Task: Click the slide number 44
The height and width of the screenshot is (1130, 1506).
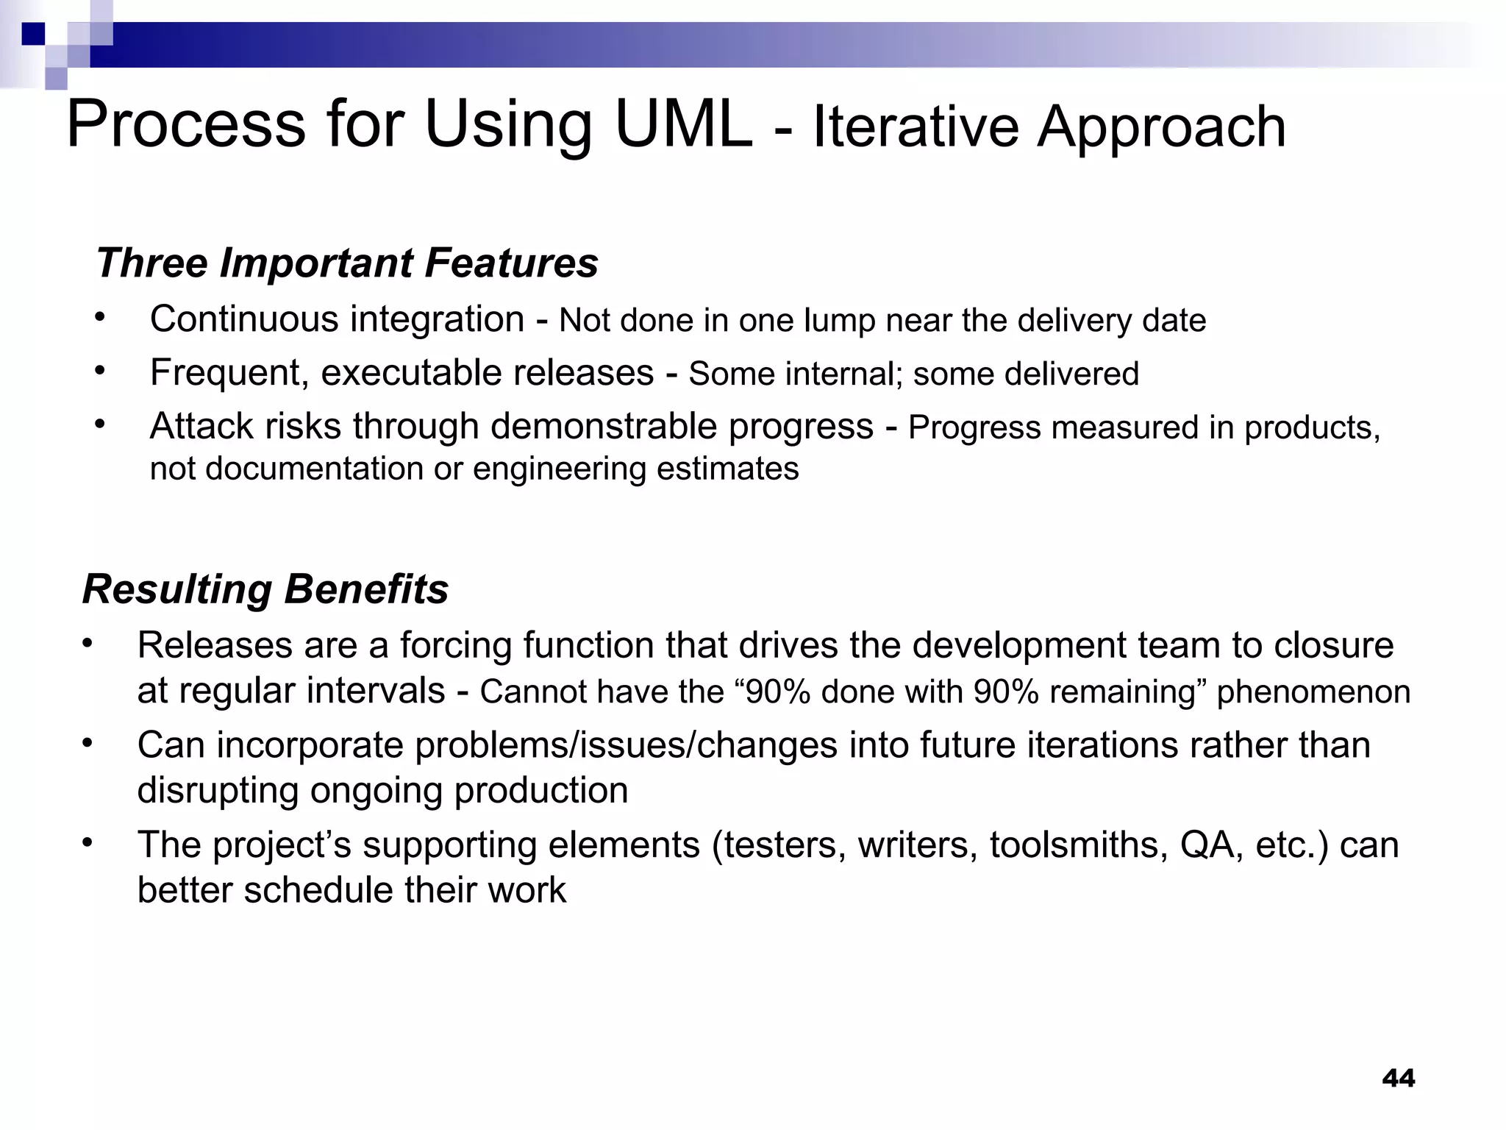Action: (x=1398, y=1079)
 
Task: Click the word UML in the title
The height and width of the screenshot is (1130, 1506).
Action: (x=683, y=125)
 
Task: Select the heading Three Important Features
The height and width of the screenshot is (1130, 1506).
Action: (x=347, y=263)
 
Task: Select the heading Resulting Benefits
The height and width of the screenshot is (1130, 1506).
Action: (x=265, y=589)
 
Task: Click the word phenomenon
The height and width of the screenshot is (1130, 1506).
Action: (x=1313, y=692)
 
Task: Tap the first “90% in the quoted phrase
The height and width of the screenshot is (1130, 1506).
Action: (x=772, y=692)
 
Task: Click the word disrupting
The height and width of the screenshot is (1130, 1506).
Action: (x=218, y=791)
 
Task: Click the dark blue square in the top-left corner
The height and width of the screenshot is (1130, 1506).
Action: (x=33, y=34)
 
